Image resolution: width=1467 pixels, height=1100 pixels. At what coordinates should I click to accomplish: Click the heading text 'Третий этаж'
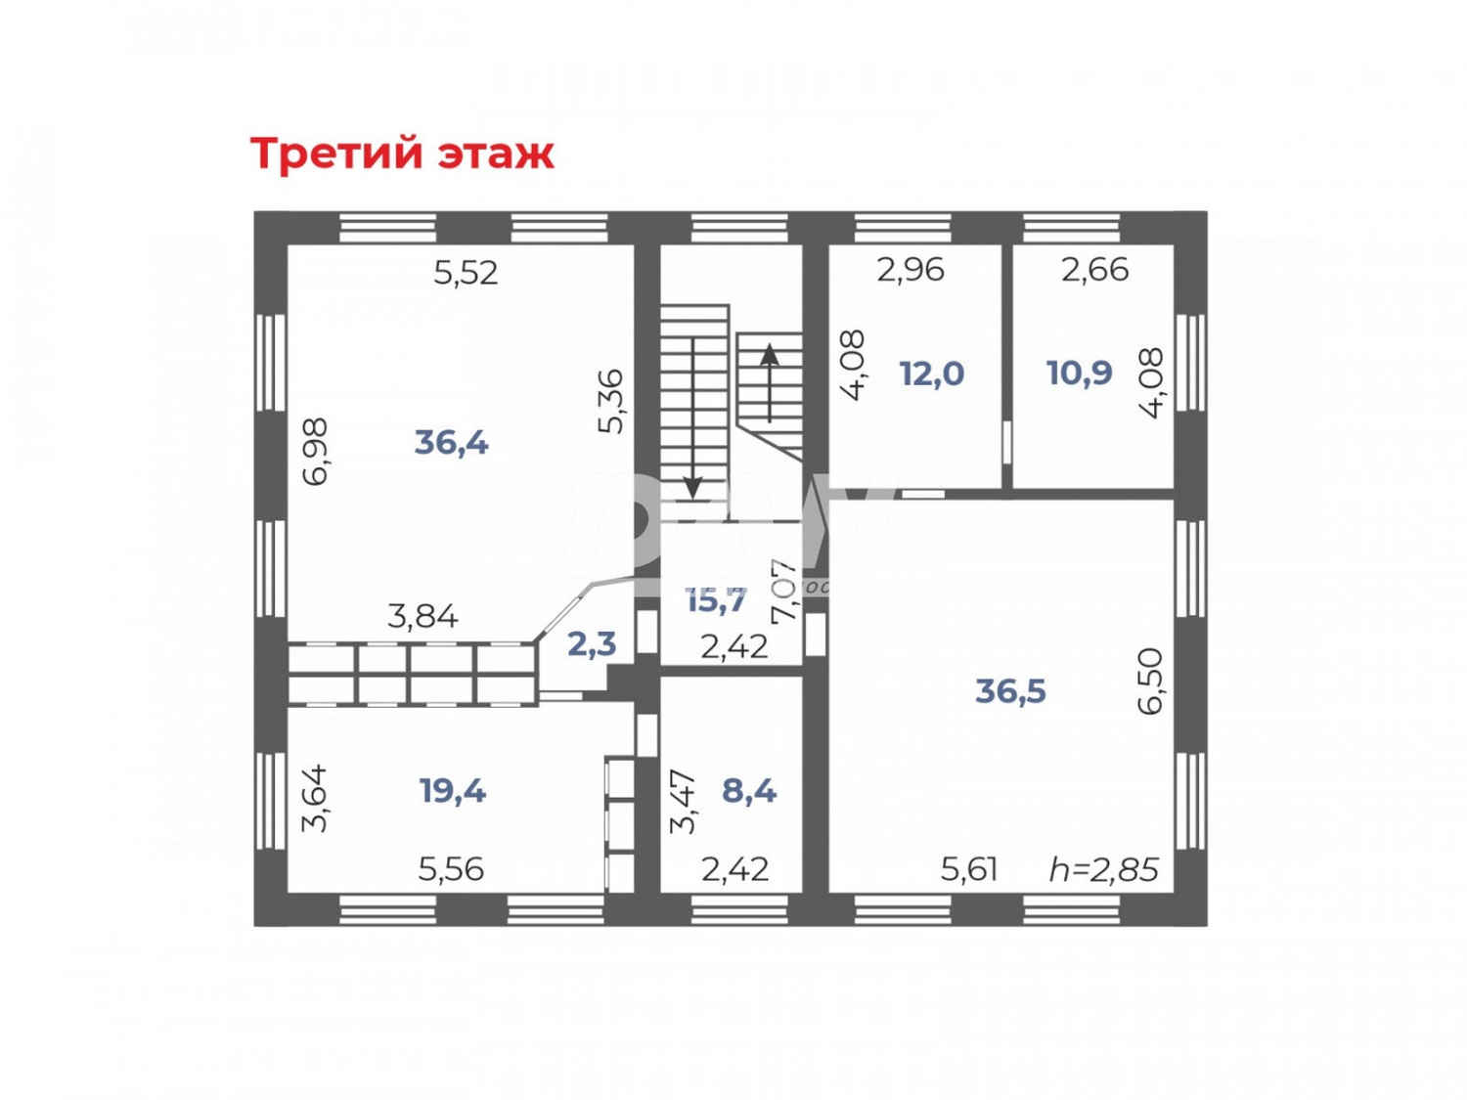(402, 154)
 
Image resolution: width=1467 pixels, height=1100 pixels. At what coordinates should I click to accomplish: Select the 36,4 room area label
(451, 443)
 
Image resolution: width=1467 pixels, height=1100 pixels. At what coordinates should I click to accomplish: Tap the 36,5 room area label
(1010, 691)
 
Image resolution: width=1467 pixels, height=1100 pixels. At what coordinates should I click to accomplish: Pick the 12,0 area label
(931, 374)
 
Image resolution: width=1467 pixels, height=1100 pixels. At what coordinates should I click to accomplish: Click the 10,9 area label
(1079, 373)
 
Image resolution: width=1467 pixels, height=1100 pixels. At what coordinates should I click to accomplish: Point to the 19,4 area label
(452, 790)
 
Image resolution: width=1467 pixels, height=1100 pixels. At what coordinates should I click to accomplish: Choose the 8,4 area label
(748, 790)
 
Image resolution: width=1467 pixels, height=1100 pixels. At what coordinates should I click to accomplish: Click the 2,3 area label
(592, 643)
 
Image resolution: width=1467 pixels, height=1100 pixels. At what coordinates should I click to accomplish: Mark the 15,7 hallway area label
(716, 600)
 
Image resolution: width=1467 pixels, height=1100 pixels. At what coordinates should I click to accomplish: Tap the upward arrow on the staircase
(770, 381)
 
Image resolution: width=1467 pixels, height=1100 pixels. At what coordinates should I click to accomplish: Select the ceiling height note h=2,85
(1103, 869)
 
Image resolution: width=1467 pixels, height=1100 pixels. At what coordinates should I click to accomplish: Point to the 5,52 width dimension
(466, 273)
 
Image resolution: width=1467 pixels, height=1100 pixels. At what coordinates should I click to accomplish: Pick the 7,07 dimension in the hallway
(784, 591)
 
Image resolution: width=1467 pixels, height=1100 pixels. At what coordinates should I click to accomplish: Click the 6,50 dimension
(1151, 682)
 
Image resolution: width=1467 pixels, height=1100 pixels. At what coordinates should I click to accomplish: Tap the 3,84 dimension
(422, 617)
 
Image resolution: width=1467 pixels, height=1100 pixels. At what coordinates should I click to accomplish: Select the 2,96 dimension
(910, 270)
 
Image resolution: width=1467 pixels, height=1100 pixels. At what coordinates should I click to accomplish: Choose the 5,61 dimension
(968, 869)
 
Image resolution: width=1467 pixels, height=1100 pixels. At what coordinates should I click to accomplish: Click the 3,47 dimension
(683, 802)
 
